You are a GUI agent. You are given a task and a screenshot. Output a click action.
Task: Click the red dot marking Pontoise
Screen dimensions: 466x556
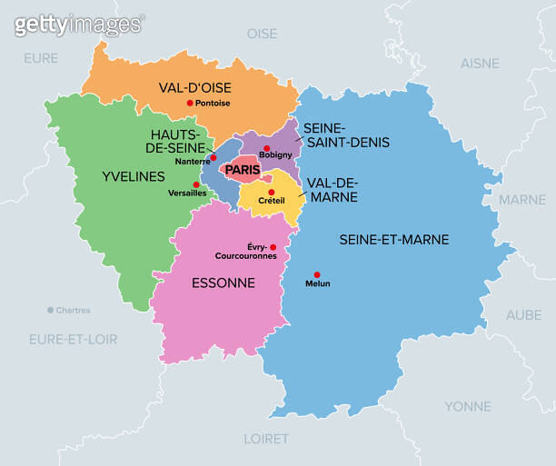click(x=190, y=103)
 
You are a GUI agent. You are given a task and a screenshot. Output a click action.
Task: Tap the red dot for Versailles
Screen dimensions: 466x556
click(x=196, y=184)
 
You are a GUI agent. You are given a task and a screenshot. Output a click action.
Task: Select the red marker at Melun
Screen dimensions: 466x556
click(x=317, y=274)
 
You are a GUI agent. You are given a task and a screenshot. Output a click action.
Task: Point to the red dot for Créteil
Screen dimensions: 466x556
click(x=271, y=192)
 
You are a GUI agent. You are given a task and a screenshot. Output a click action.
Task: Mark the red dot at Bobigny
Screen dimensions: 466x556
click(x=266, y=148)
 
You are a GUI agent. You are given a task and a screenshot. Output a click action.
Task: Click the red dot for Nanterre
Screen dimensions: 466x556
click(x=213, y=157)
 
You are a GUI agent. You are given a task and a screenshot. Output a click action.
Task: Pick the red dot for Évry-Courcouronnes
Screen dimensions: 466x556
click(x=273, y=247)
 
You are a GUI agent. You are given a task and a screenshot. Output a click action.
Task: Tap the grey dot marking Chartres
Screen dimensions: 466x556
click(x=50, y=310)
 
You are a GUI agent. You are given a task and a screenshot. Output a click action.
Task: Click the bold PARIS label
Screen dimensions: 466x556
click(x=243, y=170)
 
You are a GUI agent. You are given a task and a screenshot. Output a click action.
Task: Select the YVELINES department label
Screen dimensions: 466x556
click(x=134, y=175)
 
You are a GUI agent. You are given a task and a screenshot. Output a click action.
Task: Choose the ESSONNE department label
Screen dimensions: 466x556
click(x=223, y=283)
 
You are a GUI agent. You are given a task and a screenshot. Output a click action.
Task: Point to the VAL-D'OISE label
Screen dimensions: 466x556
click(x=194, y=87)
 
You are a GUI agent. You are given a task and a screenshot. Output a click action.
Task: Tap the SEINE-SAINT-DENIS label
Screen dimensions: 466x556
click(x=345, y=135)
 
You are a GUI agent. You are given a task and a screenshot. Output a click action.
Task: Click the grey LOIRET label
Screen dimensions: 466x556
click(x=266, y=438)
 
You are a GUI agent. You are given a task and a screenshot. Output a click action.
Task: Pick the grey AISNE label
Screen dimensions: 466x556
click(x=480, y=64)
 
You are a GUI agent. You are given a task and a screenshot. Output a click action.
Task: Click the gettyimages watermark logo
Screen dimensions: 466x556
click(x=78, y=25)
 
